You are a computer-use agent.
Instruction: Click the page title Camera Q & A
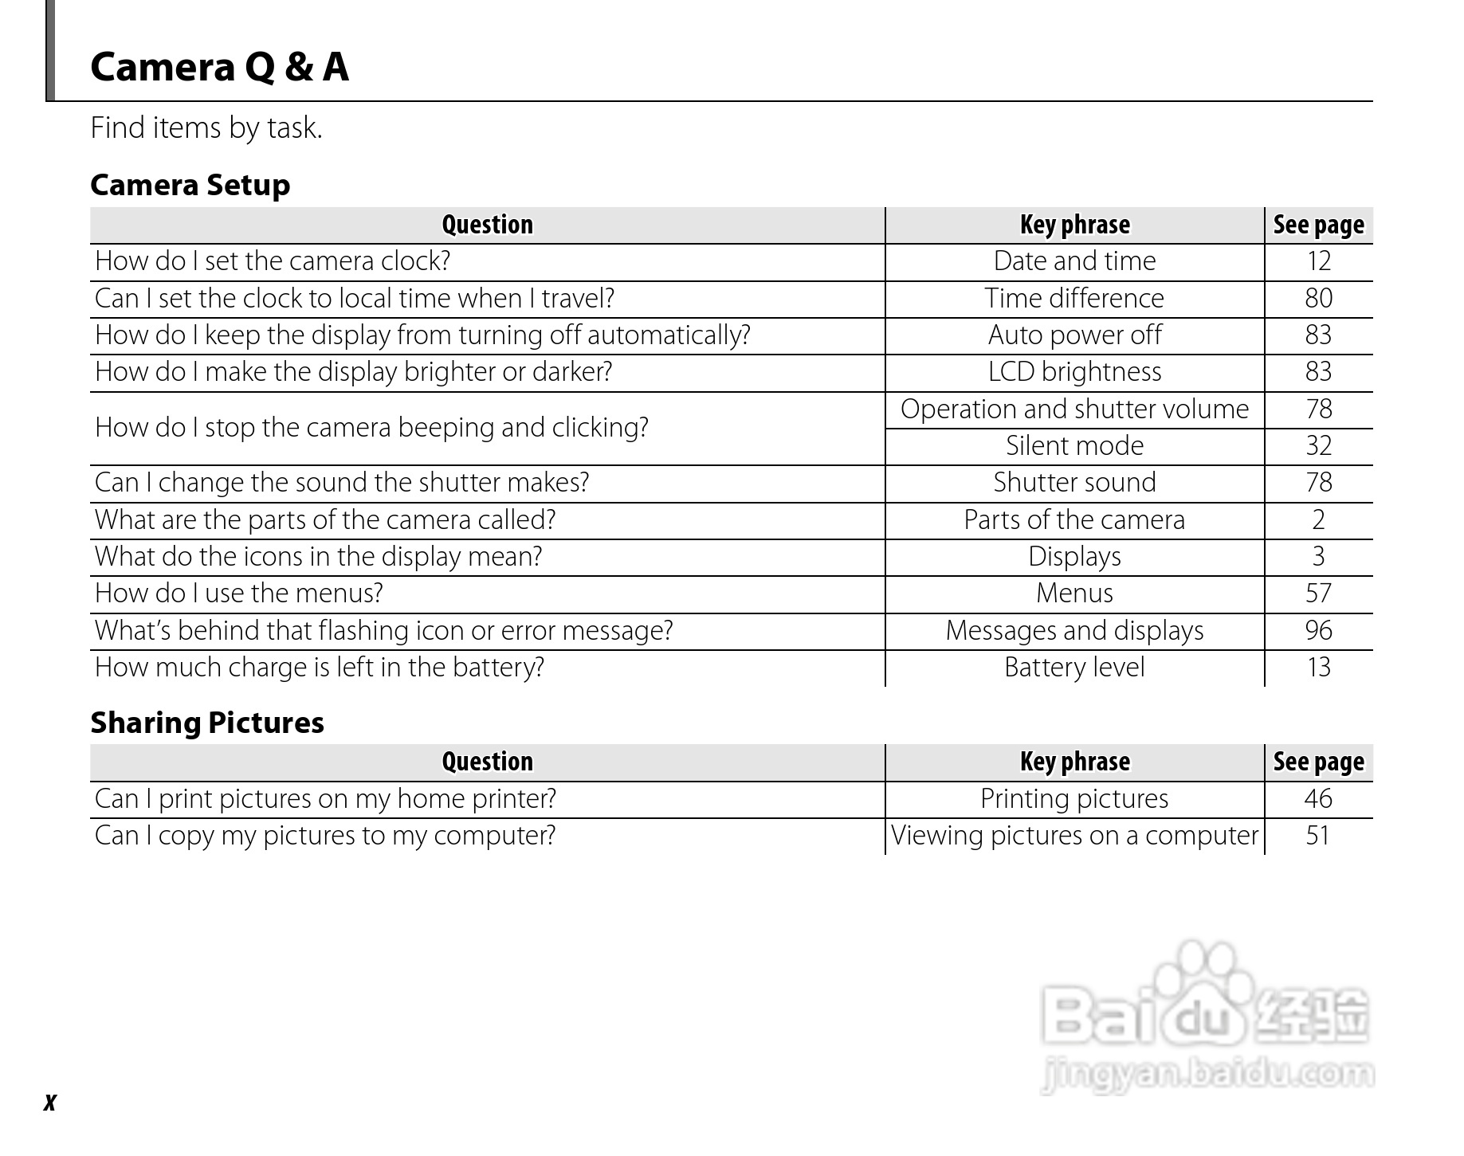(x=219, y=67)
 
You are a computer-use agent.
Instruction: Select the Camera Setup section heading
(x=190, y=185)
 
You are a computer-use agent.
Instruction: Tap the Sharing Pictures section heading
(x=206, y=723)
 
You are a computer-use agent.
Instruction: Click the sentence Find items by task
(x=206, y=128)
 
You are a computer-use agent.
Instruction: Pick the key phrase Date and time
(x=1073, y=261)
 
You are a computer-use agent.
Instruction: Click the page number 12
(x=1318, y=261)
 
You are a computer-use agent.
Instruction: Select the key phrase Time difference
(x=1073, y=299)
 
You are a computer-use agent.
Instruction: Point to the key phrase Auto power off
(x=1073, y=335)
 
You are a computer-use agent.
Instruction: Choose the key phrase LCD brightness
(x=1073, y=372)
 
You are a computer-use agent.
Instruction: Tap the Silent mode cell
(x=1073, y=446)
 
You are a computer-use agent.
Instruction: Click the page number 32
(x=1318, y=446)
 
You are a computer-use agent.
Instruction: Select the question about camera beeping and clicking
(x=371, y=428)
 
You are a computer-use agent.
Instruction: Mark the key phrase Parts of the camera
(x=1073, y=520)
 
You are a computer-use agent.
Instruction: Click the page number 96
(x=1318, y=631)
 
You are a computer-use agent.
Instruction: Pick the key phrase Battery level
(x=1073, y=668)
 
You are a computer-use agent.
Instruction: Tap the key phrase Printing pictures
(x=1073, y=799)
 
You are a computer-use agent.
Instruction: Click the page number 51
(x=1318, y=836)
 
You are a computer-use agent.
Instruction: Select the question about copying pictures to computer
(x=324, y=836)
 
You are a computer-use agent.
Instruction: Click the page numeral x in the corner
(x=50, y=1103)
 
